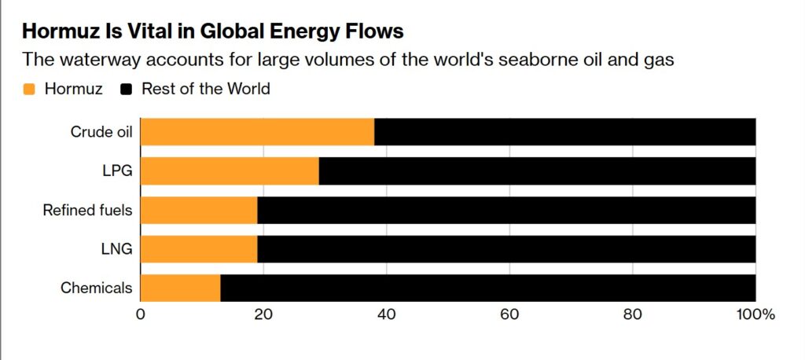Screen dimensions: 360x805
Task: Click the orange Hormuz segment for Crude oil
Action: (257, 131)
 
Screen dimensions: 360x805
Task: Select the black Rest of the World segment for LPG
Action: (537, 171)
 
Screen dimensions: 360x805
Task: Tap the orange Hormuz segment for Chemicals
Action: (180, 288)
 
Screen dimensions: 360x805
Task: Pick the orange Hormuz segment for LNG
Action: (199, 249)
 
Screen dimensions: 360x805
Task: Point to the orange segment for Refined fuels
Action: (199, 210)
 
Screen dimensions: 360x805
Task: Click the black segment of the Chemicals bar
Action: (487, 288)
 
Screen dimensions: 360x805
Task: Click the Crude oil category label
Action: (101, 131)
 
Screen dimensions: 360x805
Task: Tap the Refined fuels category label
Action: (87, 210)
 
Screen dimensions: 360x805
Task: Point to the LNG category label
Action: (116, 249)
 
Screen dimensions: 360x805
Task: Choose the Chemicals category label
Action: (96, 288)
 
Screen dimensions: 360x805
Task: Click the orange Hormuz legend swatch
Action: (30, 89)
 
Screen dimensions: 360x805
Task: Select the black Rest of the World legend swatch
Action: (126, 89)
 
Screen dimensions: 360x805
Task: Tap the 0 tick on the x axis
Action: (141, 314)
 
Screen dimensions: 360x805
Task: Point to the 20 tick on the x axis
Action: (263, 314)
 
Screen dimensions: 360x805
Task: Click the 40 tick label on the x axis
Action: (386, 314)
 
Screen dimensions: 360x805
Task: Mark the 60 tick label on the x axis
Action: (509, 314)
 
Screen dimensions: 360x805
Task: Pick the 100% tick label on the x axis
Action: (755, 314)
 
